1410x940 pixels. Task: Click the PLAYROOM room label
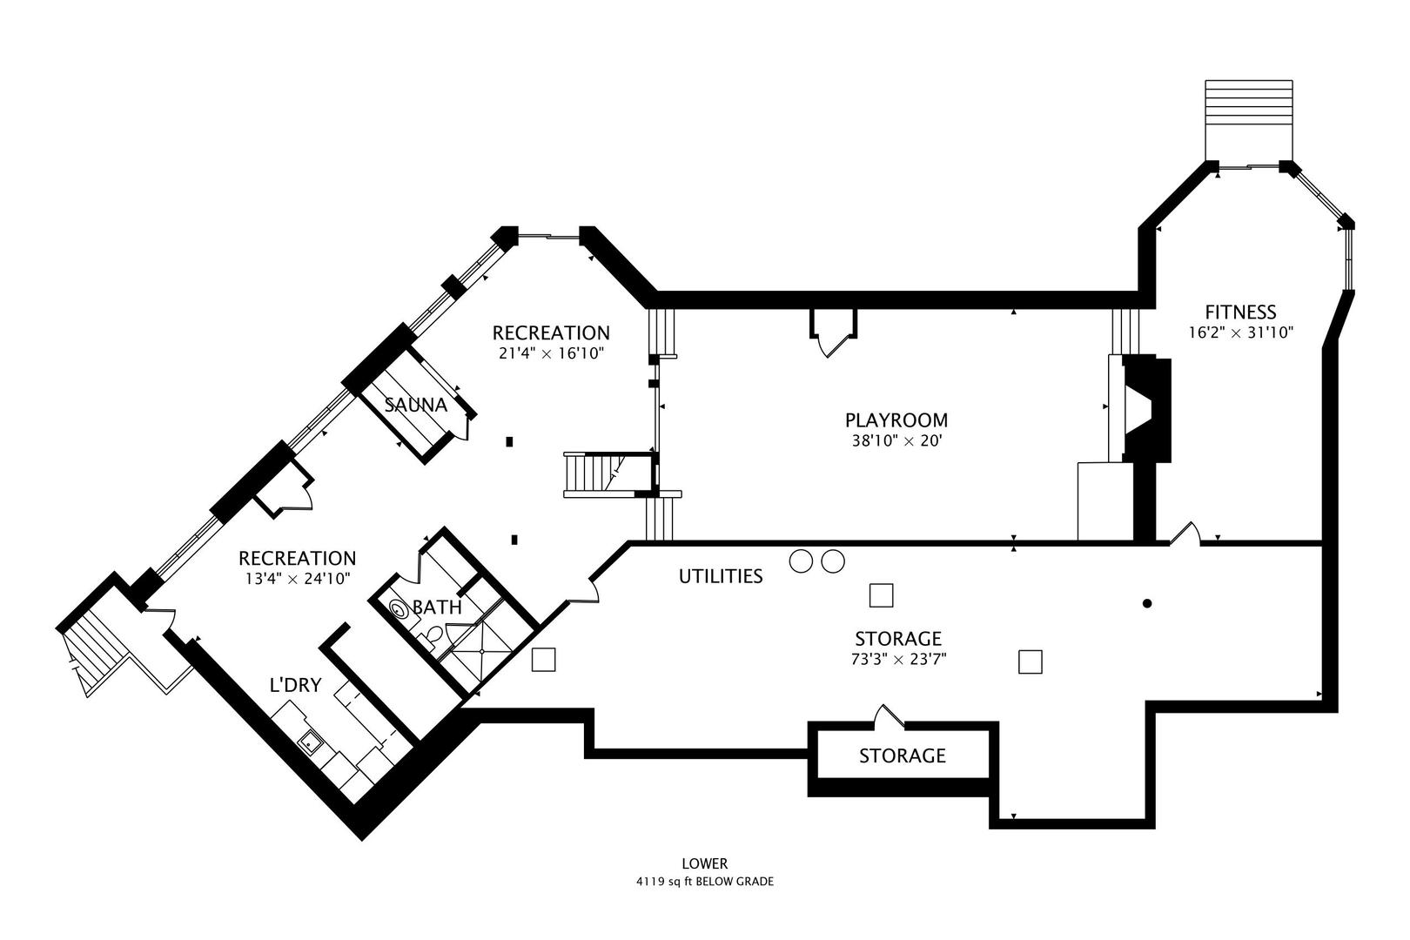coord(896,420)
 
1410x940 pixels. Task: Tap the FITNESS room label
coord(1240,312)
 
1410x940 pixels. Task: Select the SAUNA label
coord(416,405)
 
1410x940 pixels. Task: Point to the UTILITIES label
coord(721,576)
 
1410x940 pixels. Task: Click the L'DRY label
coord(295,686)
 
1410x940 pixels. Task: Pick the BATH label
coord(437,608)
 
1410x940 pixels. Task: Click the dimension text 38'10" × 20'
coord(896,441)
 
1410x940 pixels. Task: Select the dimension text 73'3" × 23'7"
coord(897,660)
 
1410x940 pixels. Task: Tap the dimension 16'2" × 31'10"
coord(1240,332)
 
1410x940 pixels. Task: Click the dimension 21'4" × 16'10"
coord(550,353)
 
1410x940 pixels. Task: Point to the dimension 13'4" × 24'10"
coord(297,579)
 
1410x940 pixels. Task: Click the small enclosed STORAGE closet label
coord(902,755)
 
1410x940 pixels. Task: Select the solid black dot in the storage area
coord(1147,603)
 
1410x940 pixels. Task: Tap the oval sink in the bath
coord(399,610)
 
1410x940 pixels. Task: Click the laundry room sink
coord(309,742)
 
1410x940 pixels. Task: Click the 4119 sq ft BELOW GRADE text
coord(704,882)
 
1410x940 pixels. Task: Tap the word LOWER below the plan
coord(704,863)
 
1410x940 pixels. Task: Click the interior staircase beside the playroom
coord(596,473)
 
